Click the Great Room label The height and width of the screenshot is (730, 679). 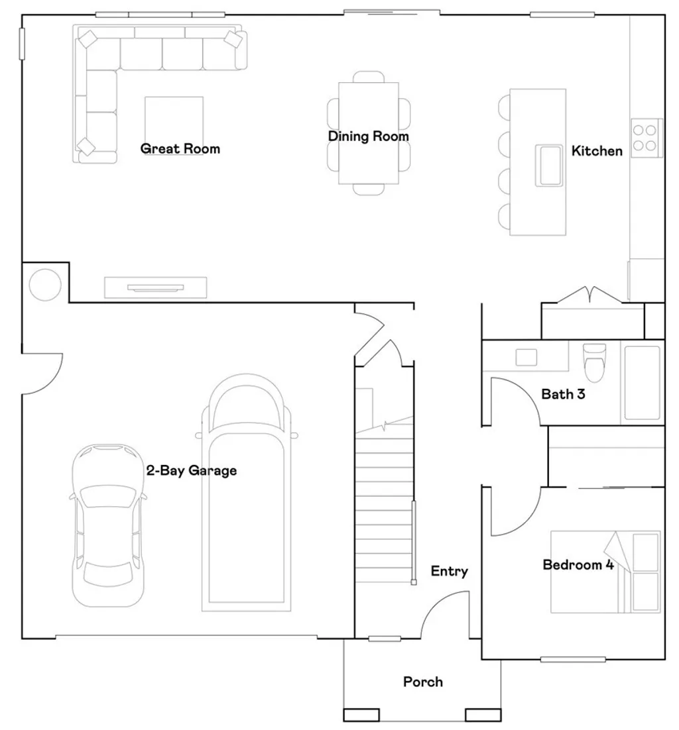click(180, 148)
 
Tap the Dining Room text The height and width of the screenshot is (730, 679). click(369, 136)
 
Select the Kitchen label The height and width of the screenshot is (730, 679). click(597, 151)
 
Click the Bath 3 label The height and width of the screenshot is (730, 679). click(563, 394)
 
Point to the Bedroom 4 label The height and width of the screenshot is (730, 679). click(578, 565)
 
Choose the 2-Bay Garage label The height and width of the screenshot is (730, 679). click(191, 471)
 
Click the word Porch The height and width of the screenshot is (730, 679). click(423, 682)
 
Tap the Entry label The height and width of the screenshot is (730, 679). click(449, 571)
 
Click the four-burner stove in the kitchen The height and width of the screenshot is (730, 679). click(646, 138)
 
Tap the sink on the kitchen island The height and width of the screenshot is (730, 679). click(550, 166)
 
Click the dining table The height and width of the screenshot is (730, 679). click(369, 132)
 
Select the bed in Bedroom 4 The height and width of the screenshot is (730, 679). click(605, 571)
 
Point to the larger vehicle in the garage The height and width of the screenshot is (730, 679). click(247, 494)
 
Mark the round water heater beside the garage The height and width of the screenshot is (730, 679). click(45, 284)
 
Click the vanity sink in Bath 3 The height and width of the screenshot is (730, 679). click(526, 357)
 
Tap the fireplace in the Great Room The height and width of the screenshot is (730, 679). click(156, 287)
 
